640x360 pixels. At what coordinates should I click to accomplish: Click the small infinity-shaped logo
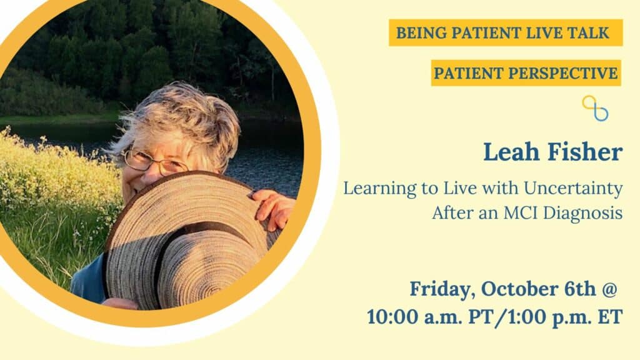pyautogui.click(x=595, y=108)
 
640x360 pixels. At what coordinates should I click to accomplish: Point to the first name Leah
pyautogui.click(x=512, y=152)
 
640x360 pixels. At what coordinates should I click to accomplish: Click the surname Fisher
pyautogui.click(x=585, y=152)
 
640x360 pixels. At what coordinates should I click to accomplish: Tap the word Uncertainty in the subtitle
pyautogui.click(x=573, y=189)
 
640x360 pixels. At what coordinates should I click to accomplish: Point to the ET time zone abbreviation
pyautogui.click(x=611, y=317)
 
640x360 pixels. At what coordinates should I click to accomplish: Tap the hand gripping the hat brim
pyautogui.click(x=274, y=208)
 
